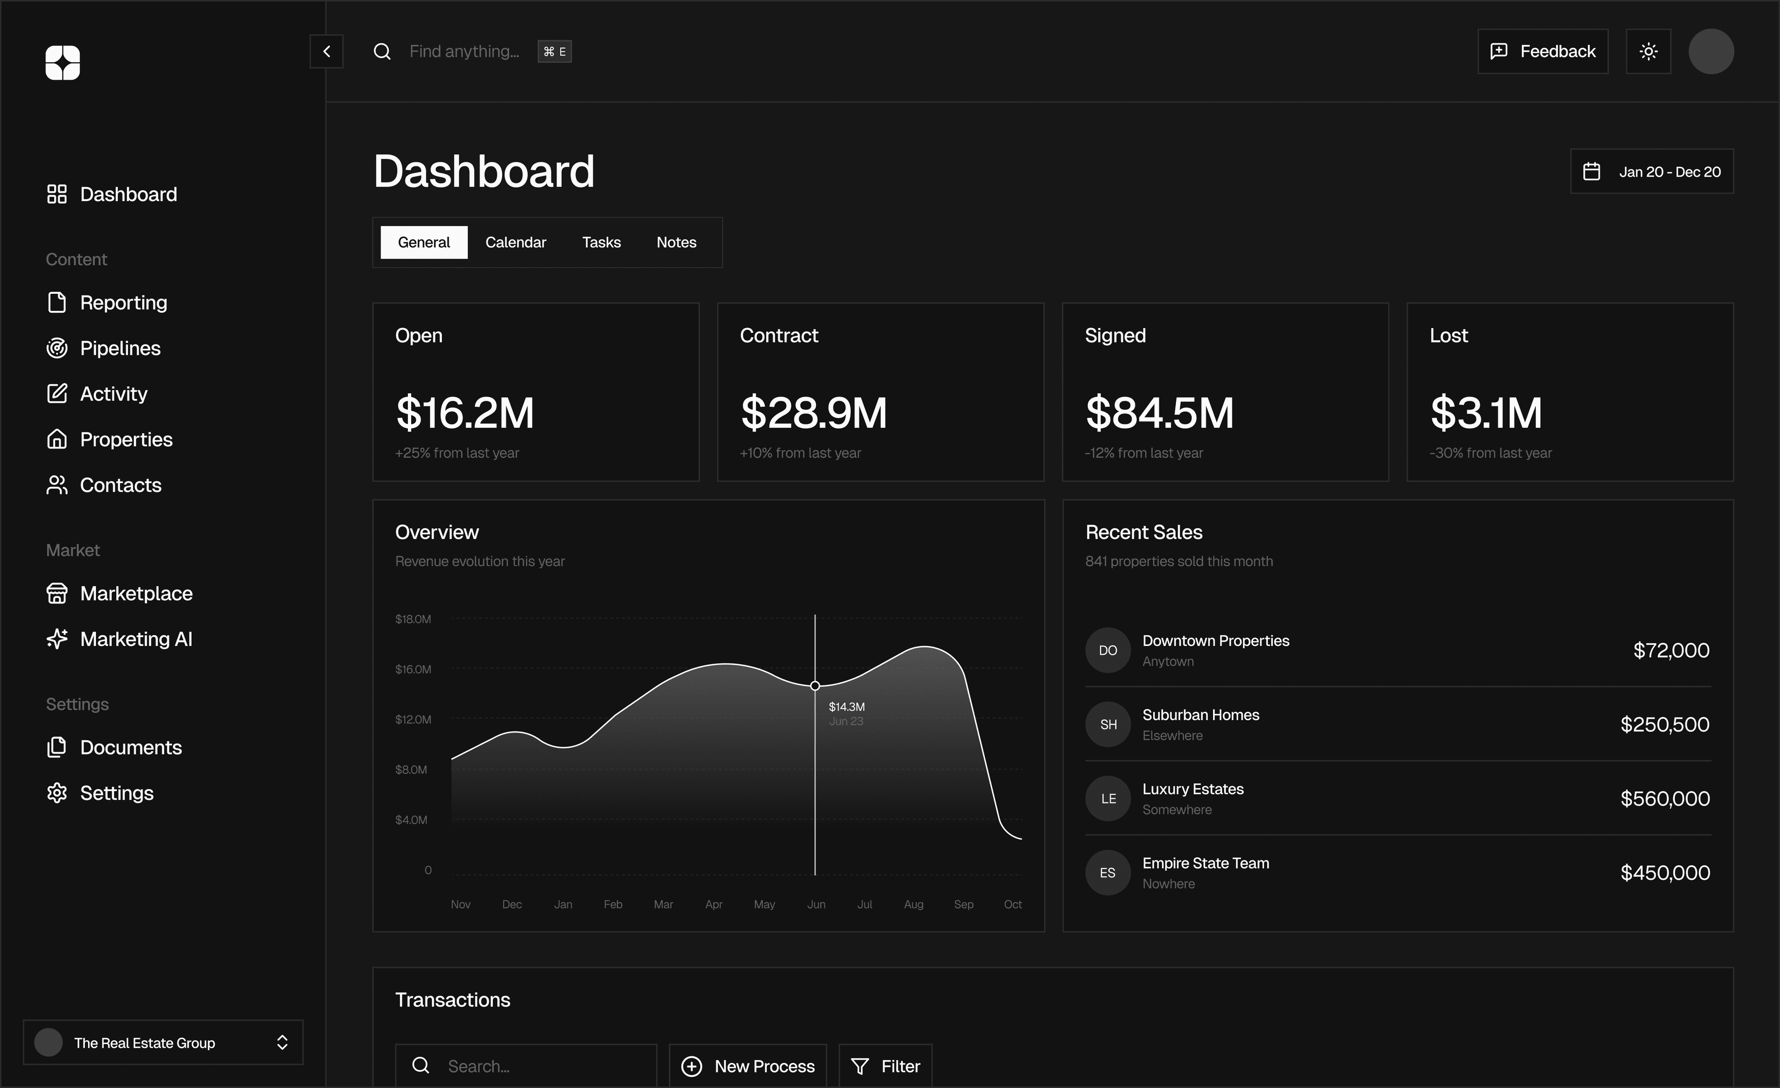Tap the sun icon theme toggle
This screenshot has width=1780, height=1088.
tap(1648, 51)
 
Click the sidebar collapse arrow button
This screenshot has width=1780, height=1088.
tap(326, 51)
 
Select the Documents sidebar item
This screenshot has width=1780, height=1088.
tap(130, 747)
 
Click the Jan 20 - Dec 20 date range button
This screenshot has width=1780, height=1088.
tap(1652, 172)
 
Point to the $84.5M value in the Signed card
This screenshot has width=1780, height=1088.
tap(1159, 413)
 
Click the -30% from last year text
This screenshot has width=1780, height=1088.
tap(1490, 453)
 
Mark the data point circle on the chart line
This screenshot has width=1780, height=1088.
tap(815, 686)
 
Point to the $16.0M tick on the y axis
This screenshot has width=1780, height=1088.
tap(413, 669)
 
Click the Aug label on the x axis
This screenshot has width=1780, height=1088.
tap(913, 905)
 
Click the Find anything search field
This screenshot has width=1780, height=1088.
tap(464, 51)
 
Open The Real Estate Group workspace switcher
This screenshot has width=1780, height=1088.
tap(163, 1043)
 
